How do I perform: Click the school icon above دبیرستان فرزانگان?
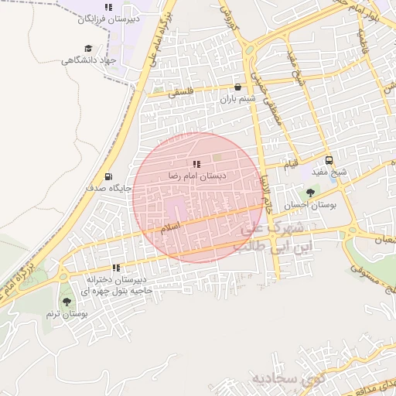pos(108,7)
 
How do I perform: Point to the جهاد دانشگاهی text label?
pos(88,60)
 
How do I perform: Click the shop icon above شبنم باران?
pos(237,87)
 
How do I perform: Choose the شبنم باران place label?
pos(237,99)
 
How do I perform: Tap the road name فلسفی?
pos(179,92)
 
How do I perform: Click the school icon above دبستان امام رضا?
pos(196,164)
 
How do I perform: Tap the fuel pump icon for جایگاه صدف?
pos(107,176)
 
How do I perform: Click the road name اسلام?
pos(169,227)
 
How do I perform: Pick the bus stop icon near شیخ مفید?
pos(330,160)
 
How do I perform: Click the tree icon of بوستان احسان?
pos(310,193)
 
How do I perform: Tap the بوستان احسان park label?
pos(309,205)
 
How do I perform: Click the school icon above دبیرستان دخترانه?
pos(116,268)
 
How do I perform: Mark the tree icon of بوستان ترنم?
pos(66,302)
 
